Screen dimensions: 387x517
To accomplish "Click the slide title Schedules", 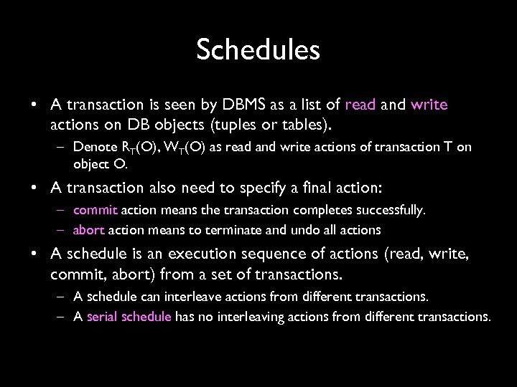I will point(258,50).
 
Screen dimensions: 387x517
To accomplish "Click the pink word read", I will point(360,105).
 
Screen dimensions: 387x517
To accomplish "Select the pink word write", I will point(429,105).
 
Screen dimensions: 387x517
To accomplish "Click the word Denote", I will point(92,147).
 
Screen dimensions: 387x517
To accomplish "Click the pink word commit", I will point(96,211).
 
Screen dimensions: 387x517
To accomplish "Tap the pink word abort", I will point(89,230).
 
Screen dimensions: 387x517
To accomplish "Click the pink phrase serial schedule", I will point(129,317).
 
